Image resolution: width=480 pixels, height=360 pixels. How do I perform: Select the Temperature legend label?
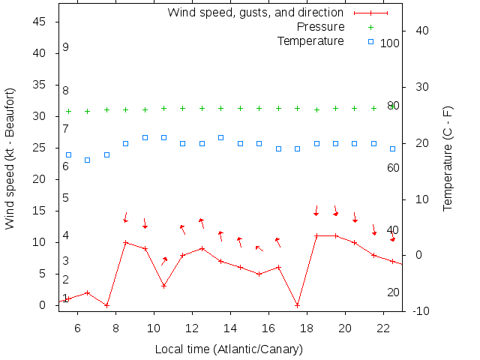point(310,40)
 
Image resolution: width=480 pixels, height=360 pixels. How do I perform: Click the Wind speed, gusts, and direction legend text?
point(255,13)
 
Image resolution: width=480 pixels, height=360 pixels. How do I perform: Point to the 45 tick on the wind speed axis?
point(40,22)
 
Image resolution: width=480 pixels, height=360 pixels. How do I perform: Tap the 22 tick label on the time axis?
point(382,328)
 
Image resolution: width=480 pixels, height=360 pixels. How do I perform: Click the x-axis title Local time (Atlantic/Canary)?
point(229,349)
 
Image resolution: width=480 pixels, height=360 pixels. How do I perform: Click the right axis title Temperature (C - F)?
point(448,158)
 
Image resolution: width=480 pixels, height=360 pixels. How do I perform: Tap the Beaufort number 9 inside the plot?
point(66,47)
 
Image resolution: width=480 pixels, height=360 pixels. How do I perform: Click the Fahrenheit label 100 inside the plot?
point(389,43)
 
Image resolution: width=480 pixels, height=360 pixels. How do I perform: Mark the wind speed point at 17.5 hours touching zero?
point(298,305)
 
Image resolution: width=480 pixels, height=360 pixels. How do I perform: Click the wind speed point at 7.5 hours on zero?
point(106,305)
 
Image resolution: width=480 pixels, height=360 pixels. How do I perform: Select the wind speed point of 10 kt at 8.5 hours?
point(126,242)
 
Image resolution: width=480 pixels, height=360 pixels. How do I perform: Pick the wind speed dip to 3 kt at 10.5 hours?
point(163,286)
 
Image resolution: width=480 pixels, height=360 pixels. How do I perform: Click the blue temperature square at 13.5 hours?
point(221,137)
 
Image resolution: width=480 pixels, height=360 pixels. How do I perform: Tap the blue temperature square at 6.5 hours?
point(88,160)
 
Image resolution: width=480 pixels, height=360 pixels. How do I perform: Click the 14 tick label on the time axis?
point(229,328)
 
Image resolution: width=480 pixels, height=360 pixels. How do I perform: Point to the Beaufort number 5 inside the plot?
point(66,198)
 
